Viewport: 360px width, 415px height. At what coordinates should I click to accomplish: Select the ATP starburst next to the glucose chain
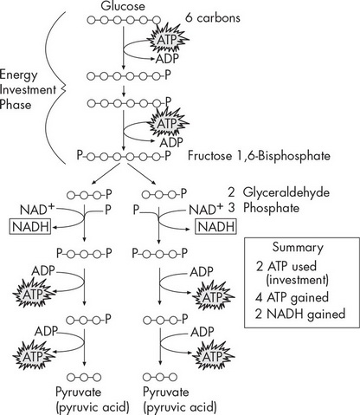pyautogui.click(x=166, y=39)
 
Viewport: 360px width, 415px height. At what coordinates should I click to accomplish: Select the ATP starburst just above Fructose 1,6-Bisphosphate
pyautogui.click(x=166, y=123)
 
